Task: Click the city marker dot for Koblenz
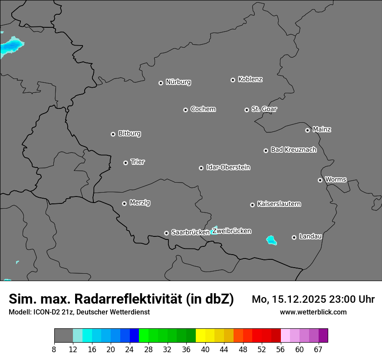click(233, 80)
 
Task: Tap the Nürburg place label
click(178, 82)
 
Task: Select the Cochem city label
click(203, 109)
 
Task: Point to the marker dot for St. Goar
click(247, 110)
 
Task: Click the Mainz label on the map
click(322, 129)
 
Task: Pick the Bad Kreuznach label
click(293, 150)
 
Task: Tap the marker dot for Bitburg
click(113, 134)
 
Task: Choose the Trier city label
click(138, 162)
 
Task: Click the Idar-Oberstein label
click(228, 167)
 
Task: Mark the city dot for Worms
click(320, 180)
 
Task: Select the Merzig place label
click(140, 203)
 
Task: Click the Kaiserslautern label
click(279, 204)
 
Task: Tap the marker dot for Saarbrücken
click(166, 233)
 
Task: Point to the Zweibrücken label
click(231, 231)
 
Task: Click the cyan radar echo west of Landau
click(272, 240)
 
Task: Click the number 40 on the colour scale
click(205, 349)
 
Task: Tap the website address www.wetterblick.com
click(313, 312)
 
